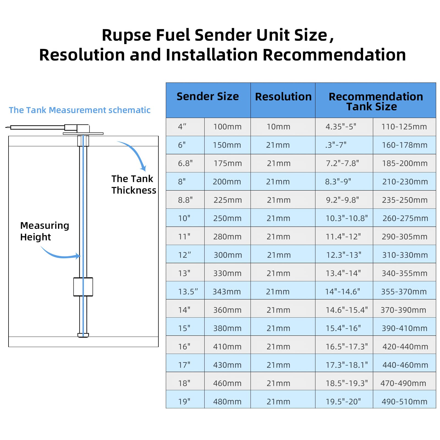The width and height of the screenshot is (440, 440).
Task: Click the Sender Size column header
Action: tap(208, 97)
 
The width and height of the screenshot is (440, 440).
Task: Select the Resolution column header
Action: tap(283, 97)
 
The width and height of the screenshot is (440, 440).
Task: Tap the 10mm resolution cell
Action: tap(278, 127)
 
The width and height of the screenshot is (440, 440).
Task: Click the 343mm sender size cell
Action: tap(227, 291)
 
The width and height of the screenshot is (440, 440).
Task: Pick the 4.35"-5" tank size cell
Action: tap(341, 127)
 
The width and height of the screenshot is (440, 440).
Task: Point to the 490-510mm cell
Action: tap(404, 402)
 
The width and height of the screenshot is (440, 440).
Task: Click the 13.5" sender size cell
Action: tap(188, 291)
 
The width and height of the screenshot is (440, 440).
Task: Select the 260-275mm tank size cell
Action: tap(405, 218)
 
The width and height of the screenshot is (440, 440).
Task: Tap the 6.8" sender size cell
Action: tap(185, 163)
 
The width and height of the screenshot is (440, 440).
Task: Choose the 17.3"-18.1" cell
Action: tap(346, 365)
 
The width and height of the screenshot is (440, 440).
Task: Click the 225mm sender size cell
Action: tap(227, 200)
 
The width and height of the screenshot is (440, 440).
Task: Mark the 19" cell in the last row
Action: tap(184, 402)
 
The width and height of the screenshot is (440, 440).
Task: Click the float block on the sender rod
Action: tap(83, 287)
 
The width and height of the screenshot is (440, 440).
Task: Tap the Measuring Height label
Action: tap(44, 231)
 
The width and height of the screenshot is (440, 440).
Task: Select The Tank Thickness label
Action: tap(133, 185)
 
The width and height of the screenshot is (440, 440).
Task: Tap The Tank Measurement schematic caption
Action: tap(79, 110)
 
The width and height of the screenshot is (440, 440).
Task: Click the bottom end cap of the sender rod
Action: tap(83, 335)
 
